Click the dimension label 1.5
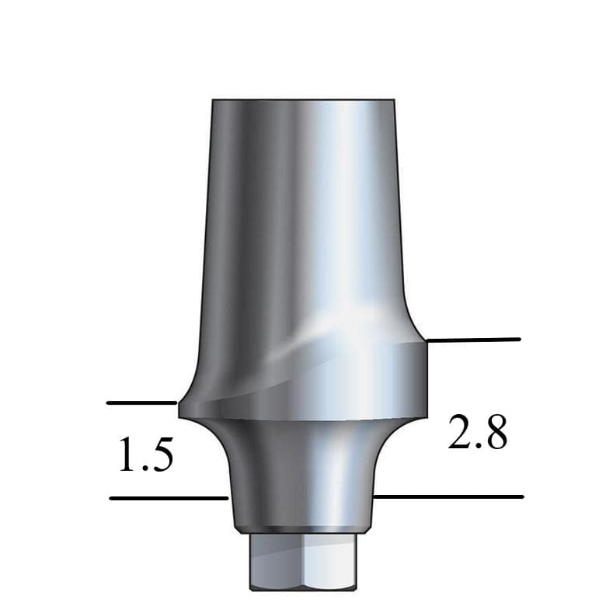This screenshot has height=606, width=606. tap(145, 455)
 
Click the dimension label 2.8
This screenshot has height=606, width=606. tap(478, 433)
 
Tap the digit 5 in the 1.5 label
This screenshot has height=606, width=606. tap(160, 455)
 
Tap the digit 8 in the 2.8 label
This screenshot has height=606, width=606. tap(494, 433)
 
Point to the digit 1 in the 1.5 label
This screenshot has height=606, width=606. tap(126, 455)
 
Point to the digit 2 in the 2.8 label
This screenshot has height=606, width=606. tap(459, 433)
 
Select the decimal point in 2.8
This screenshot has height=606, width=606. tap(477, 447)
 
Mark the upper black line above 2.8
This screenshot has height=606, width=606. tap(473, 340)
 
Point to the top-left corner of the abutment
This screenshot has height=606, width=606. tap(214, 101)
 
